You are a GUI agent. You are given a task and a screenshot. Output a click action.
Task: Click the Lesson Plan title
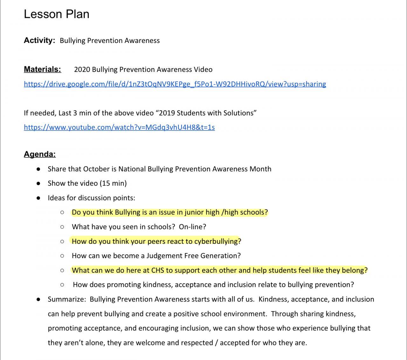57,14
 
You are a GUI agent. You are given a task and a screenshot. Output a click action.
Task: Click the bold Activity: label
39,40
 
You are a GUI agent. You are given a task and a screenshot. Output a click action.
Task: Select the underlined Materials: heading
42,69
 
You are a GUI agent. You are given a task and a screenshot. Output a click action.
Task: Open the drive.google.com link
175,84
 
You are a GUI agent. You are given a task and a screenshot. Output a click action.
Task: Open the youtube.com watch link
119,127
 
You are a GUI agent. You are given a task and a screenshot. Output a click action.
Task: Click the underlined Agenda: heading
40,154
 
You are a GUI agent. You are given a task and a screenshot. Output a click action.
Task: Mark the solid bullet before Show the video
38,183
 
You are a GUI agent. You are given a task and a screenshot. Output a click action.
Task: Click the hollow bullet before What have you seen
62,227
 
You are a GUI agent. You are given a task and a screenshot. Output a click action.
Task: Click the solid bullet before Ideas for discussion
38,198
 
